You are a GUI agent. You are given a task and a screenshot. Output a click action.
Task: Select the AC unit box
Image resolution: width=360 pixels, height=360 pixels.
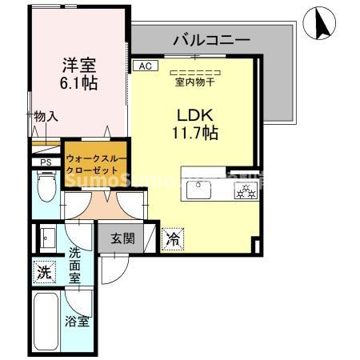[x=145, y=66]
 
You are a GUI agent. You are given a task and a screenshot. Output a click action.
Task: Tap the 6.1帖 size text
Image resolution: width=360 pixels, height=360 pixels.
[x=78, y=83]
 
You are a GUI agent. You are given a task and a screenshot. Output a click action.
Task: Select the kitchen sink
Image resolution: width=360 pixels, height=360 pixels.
[x=197, y=190]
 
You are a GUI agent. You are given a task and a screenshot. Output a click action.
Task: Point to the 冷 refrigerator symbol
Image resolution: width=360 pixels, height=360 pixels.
[x=172, y=238]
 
